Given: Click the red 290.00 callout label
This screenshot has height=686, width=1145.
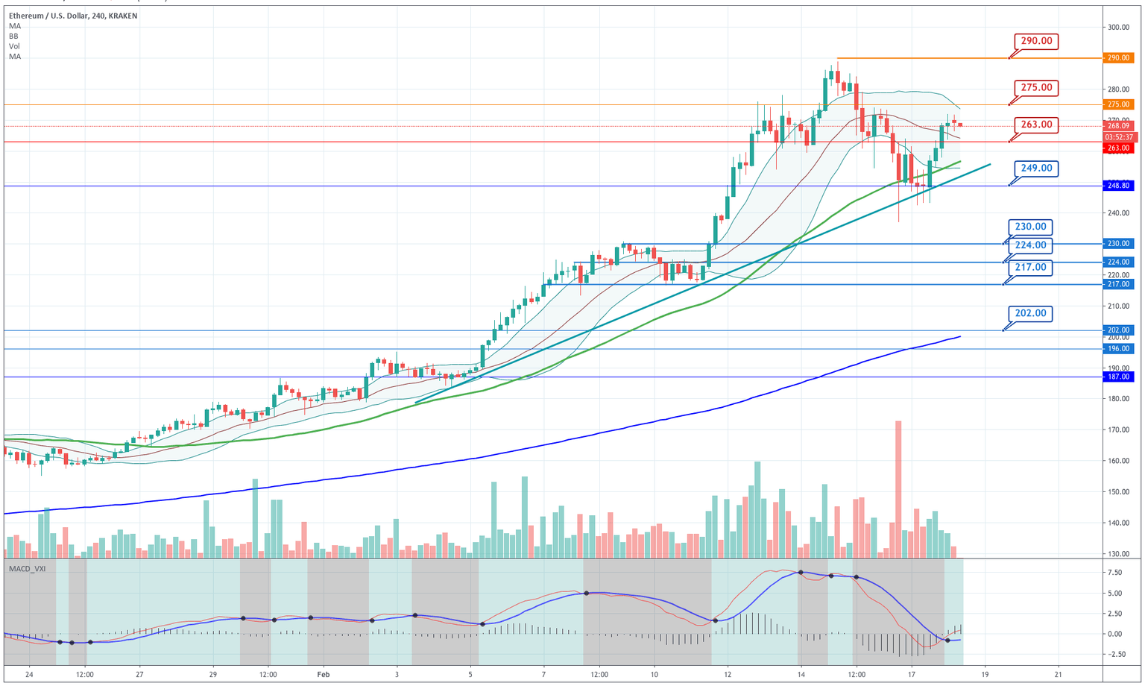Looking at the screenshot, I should click(x=1036, y=41).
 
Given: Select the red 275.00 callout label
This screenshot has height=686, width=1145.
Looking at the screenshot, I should click(x=1036, y=88).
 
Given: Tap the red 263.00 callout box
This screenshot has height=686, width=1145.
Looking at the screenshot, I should click(x=1036, y=125).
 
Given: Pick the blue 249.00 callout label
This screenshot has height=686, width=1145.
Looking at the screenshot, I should click(x=1036, y=169).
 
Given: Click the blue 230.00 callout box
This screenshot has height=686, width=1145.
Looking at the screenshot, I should click(x=1030, y=227).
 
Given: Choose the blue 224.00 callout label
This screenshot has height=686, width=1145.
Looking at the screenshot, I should click(x=1030, y=245).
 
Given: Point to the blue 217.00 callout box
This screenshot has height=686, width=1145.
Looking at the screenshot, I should click(x=1030, y=268).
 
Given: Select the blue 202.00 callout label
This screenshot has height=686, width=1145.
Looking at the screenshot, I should click(x=1030, y=314).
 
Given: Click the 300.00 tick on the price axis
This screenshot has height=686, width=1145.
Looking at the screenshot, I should click(x=1118, y=28).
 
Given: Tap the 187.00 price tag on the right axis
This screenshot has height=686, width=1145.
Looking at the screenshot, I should click(x=1118, y=377).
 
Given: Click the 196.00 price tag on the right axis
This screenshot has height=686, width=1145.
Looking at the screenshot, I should click(x=1118, y=349).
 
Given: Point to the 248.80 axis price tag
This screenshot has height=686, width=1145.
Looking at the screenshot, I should click(x=1118, y=186).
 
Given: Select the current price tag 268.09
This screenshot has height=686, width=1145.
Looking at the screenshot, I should click(x=1118, y=127).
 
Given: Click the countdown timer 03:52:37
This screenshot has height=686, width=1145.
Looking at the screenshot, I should click(x=1119, y=137).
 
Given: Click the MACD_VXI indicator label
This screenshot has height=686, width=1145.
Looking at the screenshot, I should click(x=27, y=569).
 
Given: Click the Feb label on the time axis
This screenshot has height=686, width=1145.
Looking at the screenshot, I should click(x=323, y=675).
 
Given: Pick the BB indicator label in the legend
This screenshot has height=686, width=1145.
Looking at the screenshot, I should click(x=14, y=36).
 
